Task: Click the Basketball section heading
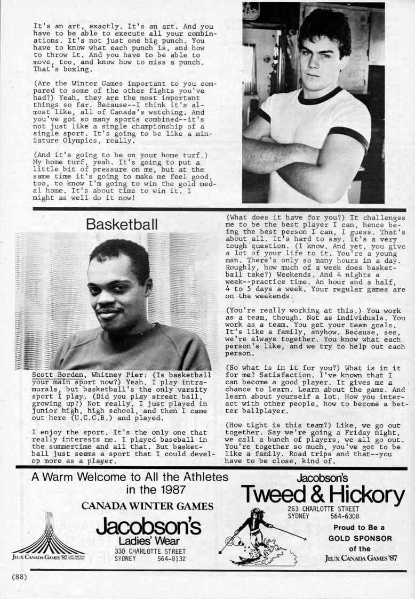[122, 225]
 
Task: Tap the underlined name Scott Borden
[59, 375]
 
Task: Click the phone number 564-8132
[172, 559]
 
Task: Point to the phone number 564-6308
[345, 516]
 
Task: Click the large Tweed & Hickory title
[323, 495]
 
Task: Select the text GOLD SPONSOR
[359, 538]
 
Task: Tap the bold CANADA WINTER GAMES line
[148, 506]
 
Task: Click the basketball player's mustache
[111, 310]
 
